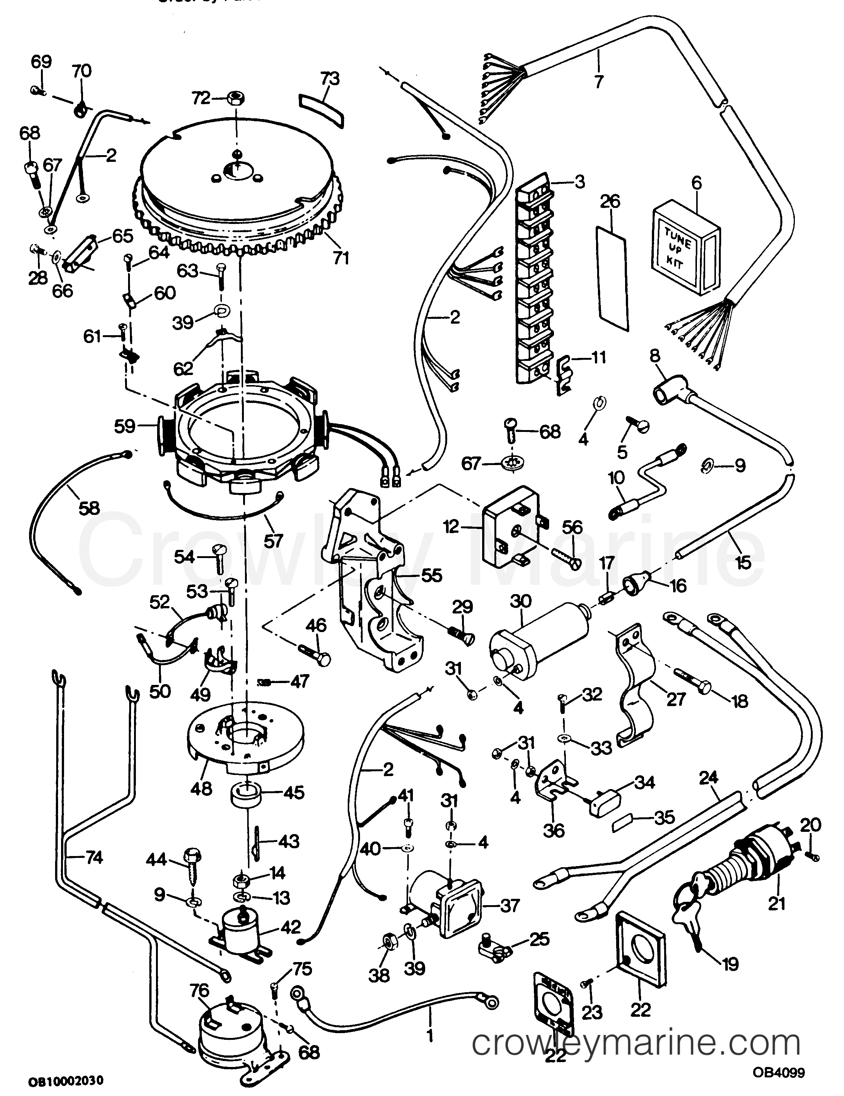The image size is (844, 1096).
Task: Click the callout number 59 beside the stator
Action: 124,427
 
